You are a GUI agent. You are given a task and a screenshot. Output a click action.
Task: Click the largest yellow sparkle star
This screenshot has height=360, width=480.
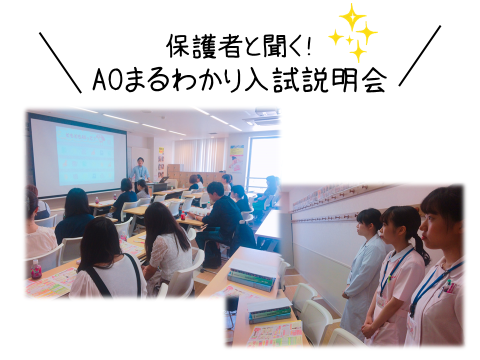click(x=352, y=17)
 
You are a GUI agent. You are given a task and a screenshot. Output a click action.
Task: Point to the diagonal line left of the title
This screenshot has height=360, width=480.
click(x=60, y=62)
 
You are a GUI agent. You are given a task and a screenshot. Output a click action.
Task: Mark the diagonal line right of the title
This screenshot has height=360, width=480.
click(x=419, y=55)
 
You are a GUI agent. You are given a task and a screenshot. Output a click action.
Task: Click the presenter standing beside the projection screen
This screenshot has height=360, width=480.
click(x=139, y=172)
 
